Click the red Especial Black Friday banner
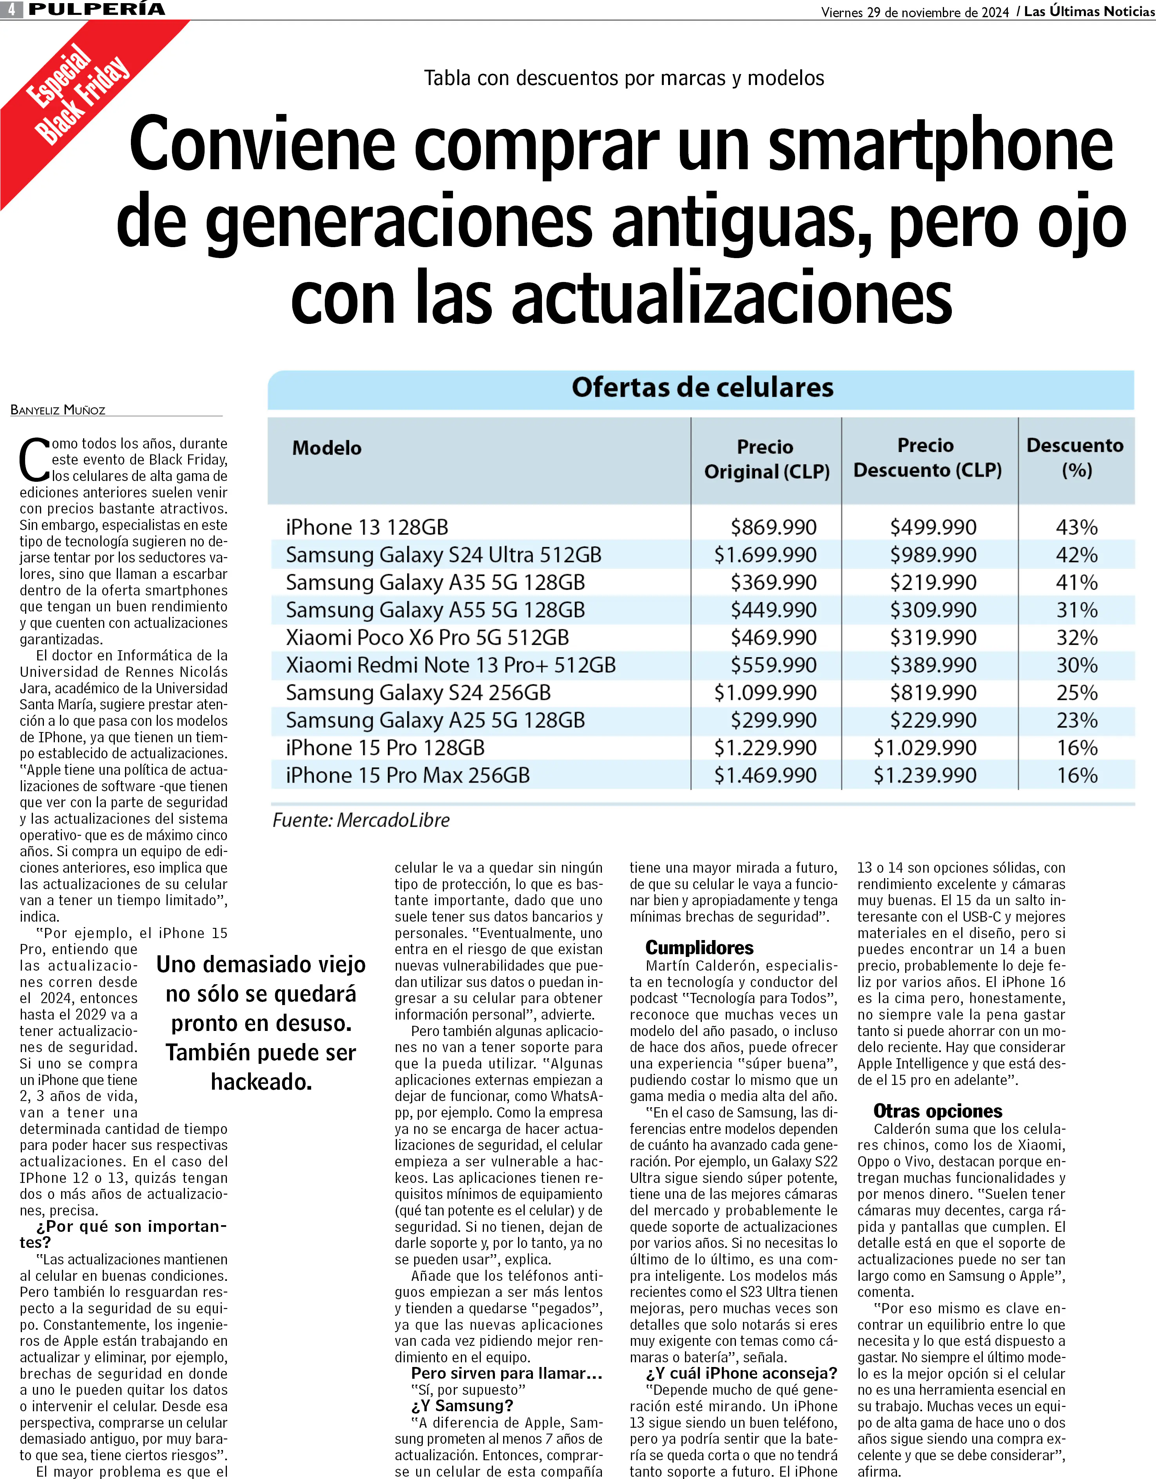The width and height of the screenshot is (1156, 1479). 74,95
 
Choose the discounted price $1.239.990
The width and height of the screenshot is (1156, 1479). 925,776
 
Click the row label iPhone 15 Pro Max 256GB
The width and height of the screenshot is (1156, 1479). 407,776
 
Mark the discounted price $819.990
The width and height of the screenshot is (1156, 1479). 933,693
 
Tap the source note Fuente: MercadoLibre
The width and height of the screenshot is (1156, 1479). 361,821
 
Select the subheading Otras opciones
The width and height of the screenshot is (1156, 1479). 938,1111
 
